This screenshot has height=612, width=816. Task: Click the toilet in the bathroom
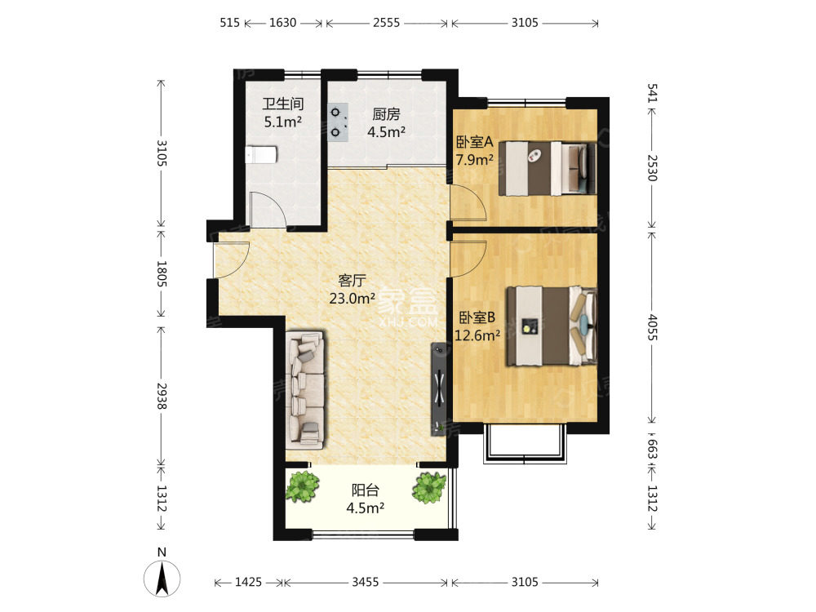click(x=261, y=154)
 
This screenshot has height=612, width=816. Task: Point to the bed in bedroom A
click(x=548, y=169)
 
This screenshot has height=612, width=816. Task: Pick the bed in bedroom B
click(x=552, y=326)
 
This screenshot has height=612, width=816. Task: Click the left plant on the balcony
click(x=302, y=486)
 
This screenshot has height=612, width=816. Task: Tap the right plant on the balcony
click(x=429, y=488)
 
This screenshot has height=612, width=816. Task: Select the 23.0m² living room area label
click(x=353, y=299)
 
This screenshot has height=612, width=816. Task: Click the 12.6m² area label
click(x=477, y=335)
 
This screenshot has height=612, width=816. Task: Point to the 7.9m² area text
click(x=474, y=160)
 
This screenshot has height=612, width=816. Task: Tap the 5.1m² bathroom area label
click(x=283, y=122)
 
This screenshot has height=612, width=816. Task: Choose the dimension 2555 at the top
click(x=386, y=23)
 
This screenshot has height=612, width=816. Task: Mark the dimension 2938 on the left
click(x=162, y=396)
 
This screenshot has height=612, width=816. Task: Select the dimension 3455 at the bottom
click(x=366, y=582)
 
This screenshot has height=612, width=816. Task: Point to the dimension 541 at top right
click(x=653, y=93)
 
